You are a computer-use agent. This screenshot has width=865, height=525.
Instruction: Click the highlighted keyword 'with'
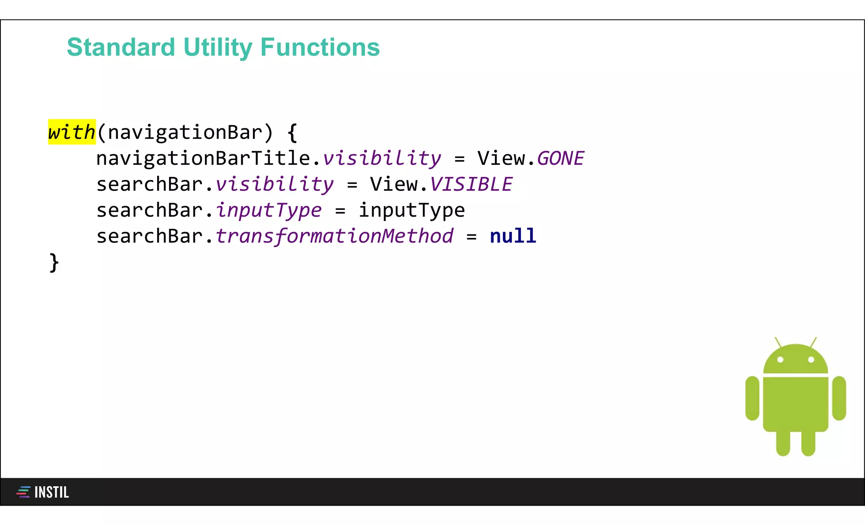(71, 132)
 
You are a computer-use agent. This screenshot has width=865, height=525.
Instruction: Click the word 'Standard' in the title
(121, 47)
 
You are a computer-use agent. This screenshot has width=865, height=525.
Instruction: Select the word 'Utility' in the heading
(218, 47)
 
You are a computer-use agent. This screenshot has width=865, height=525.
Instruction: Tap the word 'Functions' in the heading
(320, 47)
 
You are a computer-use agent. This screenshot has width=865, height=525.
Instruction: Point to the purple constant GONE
(560, 159)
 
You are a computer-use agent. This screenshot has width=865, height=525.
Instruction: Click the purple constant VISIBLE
(471, 185)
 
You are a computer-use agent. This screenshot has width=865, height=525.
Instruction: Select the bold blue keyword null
(513, 236)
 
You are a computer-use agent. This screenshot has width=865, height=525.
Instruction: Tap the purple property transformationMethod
(334, 236)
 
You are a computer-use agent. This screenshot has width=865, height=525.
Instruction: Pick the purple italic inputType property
(269, 210)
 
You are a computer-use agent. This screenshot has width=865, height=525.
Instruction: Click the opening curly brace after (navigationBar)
(292, 133)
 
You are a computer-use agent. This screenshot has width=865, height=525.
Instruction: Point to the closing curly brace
(54, 263)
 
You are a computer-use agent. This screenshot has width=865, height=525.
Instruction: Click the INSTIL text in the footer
(52, 492)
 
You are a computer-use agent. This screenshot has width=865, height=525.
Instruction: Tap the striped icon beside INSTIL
(23, 492)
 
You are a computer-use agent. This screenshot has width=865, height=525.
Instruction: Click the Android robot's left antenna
(778, 342)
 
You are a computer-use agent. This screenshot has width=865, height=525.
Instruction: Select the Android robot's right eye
(811, 360)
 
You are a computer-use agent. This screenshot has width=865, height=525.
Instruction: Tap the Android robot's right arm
(839, 398)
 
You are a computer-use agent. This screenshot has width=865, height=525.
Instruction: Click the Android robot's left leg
(783, 443)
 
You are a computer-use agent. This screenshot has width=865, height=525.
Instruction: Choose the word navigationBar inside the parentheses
(185, 133)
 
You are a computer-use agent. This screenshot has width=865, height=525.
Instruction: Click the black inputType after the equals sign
(412, 210)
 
